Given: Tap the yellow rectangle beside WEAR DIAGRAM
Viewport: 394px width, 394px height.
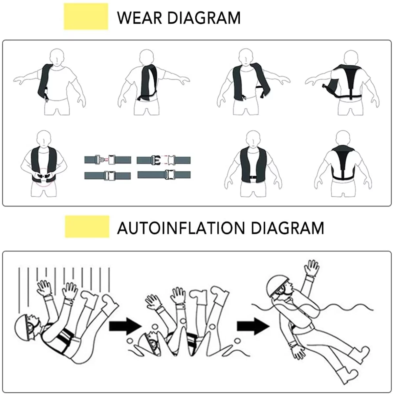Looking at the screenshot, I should click(x=86, y=17).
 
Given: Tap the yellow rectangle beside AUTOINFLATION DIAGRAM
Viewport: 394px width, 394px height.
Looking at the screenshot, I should click(x=87, y=227).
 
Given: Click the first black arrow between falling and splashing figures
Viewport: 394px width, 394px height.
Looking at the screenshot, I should click(x=125, y=326).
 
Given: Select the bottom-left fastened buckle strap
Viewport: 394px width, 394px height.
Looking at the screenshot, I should click(x=107, y=175).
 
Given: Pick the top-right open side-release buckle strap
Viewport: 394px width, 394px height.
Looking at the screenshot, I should click(x=164, y=160).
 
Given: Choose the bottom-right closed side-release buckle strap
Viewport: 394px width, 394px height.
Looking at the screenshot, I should click(x=164, y=174).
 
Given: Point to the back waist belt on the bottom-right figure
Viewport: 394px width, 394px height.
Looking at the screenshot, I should click(x=343, y=178).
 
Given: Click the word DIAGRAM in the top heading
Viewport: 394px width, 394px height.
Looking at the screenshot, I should click(x=204, y=18).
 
